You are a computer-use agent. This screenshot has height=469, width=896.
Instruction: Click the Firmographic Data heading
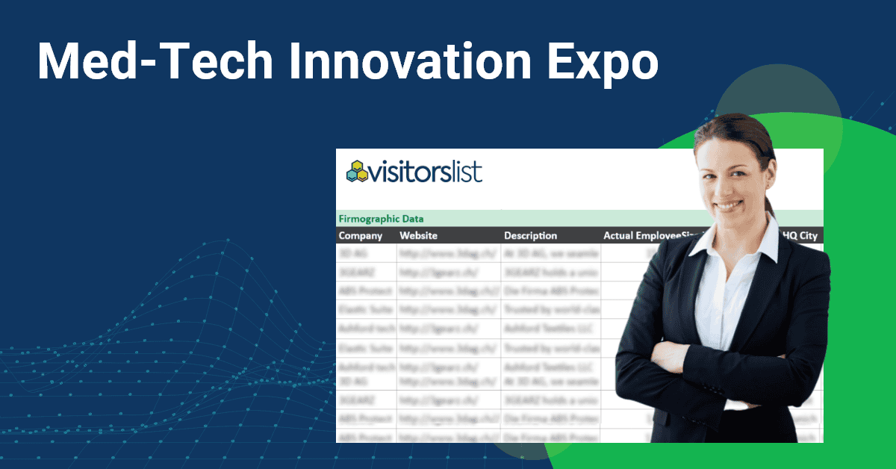click(x=381, y=219)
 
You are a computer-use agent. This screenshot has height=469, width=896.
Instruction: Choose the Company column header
click(x=361, y=236)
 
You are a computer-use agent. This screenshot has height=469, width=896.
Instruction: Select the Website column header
click(x=418, y=236)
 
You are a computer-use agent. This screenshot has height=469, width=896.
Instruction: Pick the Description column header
click(x=530, y=236)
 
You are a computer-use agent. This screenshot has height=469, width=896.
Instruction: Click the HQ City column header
click(x=799, y=236)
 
